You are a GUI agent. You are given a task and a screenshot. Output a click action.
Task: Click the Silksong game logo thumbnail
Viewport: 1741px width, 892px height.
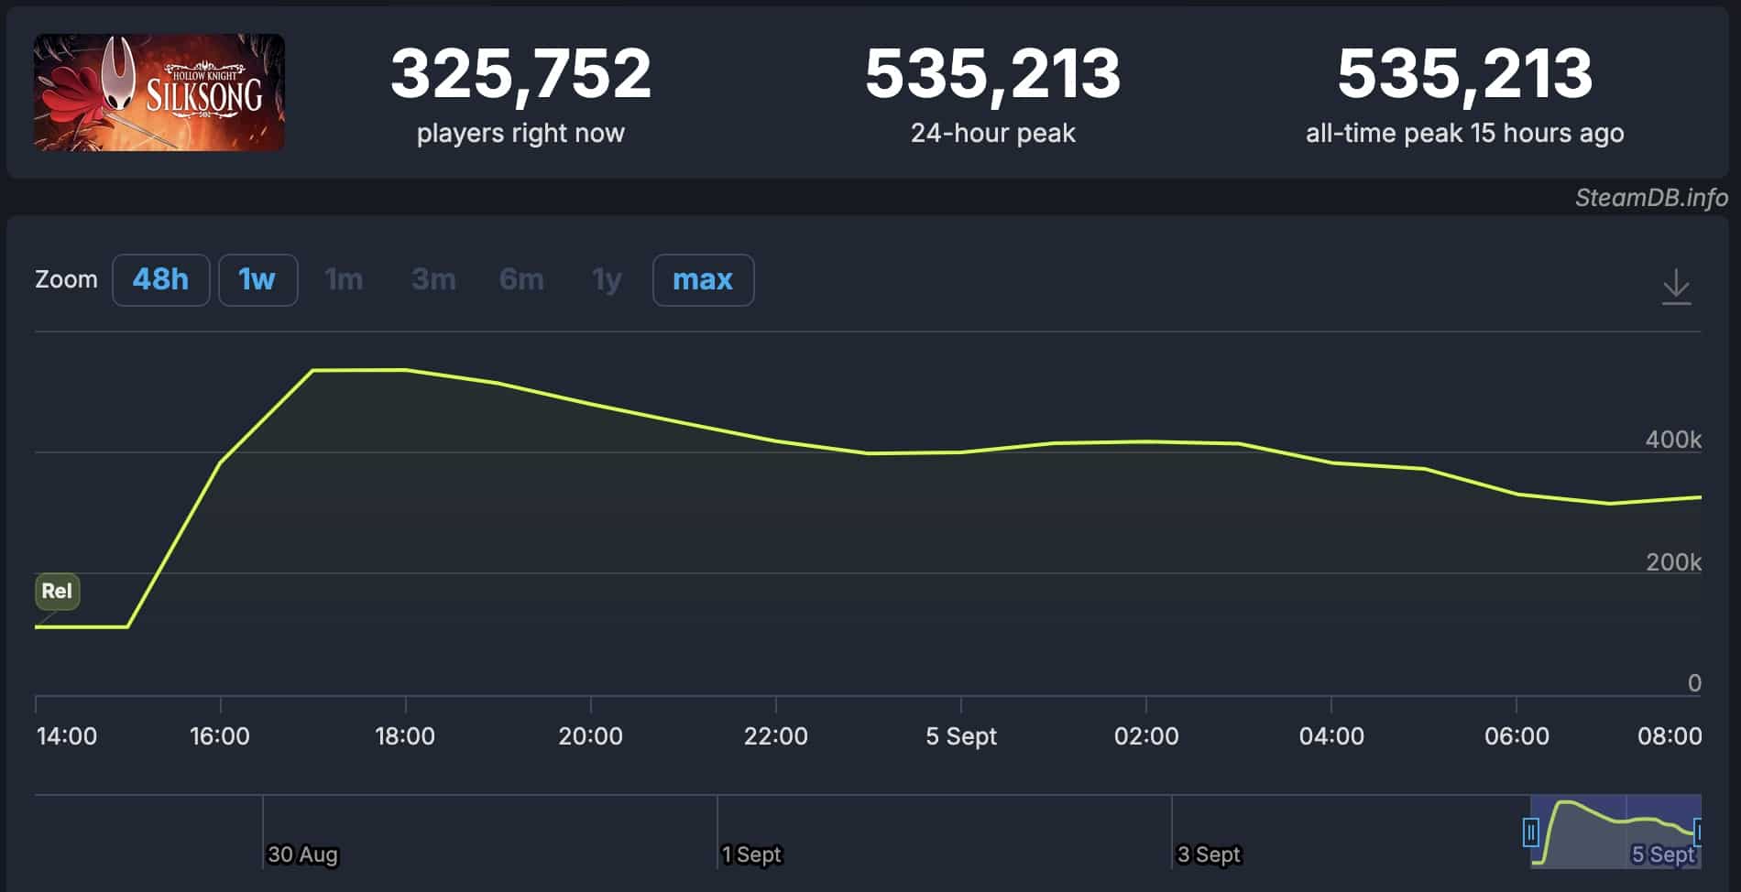(x=159, y=92)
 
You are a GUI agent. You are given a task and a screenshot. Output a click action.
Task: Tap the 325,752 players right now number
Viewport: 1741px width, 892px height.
(x=520, y=73)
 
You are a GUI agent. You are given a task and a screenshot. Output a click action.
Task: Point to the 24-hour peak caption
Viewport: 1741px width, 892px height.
(x=992, y=134)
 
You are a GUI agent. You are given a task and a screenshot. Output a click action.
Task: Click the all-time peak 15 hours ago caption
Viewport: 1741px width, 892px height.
(x=1464, y=134)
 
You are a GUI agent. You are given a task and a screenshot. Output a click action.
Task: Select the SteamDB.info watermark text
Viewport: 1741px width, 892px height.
(x=1650, y=198)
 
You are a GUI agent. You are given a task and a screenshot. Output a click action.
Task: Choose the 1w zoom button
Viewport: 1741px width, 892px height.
(x=257, y=279)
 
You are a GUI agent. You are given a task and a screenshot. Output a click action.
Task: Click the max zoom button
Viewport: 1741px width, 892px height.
(x=703, y=279)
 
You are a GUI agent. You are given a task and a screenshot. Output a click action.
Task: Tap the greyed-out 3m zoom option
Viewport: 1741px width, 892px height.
(x=433, y=279)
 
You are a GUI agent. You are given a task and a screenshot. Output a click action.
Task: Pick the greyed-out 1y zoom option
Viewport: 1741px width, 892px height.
(x=607, y=279)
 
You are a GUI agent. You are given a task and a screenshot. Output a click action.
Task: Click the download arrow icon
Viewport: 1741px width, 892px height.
(x=1676, y=287)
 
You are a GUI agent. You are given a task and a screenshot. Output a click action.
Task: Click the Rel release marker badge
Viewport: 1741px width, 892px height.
(x=57, y=591)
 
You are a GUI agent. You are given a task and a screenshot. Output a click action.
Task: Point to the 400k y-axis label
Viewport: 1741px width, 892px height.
(x=1672, y=440)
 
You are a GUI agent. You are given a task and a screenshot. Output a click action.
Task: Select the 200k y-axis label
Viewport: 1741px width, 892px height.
(x=1672, y=562)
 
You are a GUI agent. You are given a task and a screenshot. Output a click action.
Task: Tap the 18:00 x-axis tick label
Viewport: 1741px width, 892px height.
(x=405, y=736)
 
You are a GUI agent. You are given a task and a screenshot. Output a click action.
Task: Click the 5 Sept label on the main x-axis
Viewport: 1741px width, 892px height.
(x=960, y=736)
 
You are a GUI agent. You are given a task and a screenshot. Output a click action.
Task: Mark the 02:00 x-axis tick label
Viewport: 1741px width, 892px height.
(x=1145, y=736)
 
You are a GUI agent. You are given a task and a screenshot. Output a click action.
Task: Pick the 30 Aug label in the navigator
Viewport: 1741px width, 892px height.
(x=302, y=854)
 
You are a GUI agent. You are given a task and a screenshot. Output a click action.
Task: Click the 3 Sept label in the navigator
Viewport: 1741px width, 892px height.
(x=1208, y=854)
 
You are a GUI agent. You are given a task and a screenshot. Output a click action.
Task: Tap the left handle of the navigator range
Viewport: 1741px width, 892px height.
(x=1530, y=832)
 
